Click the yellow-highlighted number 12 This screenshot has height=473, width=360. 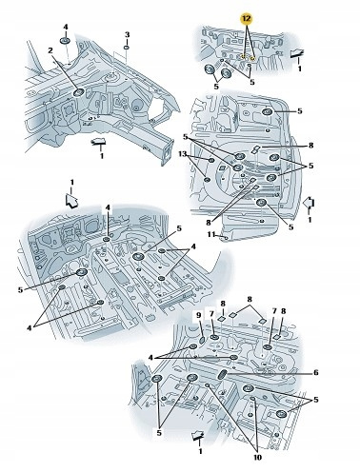coord(246,19)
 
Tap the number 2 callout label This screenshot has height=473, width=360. coord(50,50)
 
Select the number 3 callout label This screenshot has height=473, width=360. coord(127,34)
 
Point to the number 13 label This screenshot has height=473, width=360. coord(182,154)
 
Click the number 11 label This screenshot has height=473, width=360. coord(211,234)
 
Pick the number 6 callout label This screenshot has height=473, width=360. coord(315,373)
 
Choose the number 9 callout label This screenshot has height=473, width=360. coord(199,315)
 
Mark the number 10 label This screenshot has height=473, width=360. coord(257,457)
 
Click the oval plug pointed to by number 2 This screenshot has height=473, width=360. coord(78,92)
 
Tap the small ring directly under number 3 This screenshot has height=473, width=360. coord(126,48)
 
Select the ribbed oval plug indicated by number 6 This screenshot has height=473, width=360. coord(222,375)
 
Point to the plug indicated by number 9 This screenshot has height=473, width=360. coord(202,341)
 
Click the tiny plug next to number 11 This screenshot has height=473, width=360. coord(225,237)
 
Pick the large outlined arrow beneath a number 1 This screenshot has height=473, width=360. coord(71,201)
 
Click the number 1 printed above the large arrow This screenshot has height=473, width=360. coord(71,183)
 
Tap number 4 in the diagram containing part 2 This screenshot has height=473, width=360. coord(66,27)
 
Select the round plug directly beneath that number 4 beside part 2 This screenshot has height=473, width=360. coord(65,41)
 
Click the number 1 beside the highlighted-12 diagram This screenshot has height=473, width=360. coord(299,69)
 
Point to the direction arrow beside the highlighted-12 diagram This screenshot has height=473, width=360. coord(297,53)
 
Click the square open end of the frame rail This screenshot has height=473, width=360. coord(167,151)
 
